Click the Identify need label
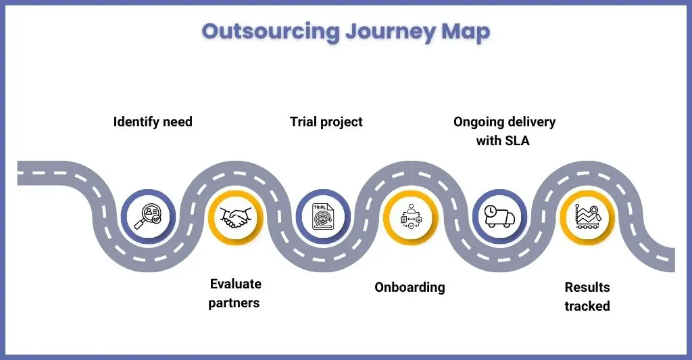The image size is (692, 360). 153,122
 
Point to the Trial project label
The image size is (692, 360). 326,122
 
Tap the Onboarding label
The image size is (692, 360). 410,287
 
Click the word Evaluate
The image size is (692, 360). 236,284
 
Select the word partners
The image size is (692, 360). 234,303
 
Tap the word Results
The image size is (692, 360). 587,287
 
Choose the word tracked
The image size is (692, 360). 587,306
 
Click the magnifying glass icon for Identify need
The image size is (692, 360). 148,217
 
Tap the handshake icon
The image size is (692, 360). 236,217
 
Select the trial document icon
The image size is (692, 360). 323,217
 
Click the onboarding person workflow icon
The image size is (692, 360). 411,216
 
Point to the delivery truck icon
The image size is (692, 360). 499,216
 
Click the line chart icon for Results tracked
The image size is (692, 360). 587,217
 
